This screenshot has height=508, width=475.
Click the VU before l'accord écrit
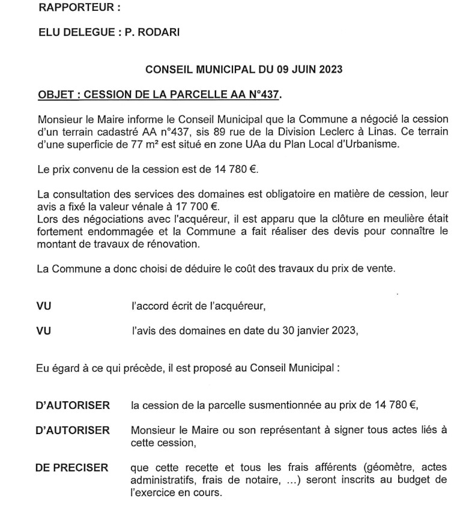pyautogui.click(x=44, y=306)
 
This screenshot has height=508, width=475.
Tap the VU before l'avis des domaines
pyautogui.click(x=44, y=329)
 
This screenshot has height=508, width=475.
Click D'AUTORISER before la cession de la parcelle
pyautogui.click(x=73, y=405)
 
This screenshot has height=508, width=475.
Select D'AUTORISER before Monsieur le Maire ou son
pyautogui.click(x=73, y=430)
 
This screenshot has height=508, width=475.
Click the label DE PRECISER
pyautogui.click(x=72, y=468)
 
